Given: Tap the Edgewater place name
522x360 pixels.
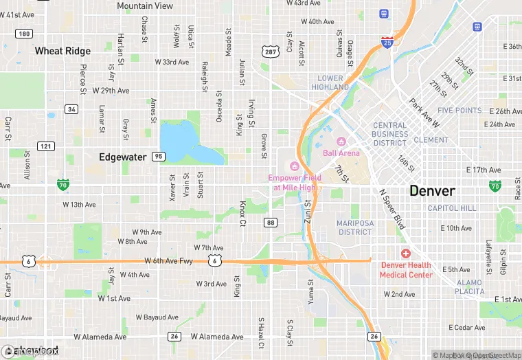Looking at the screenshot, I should [122, 157].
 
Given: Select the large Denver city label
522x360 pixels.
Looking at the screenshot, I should [432, 190].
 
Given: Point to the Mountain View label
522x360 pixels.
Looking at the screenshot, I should [145, 5].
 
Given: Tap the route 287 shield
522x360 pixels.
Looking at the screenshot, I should [269, 52].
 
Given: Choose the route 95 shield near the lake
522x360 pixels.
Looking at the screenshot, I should [159, 157].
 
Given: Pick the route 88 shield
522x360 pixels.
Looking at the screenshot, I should [271, 222].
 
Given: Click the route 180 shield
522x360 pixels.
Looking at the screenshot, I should [24, 34].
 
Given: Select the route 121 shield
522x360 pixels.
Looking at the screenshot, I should [46, 146].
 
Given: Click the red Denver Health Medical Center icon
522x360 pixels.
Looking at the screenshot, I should [405, 254].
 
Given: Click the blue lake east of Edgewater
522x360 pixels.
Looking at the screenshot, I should [185, 142].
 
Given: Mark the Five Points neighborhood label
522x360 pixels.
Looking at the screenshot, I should [459, 110].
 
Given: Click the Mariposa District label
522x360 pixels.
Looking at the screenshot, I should [354, 227].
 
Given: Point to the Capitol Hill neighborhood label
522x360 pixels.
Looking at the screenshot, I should [451, 208].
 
